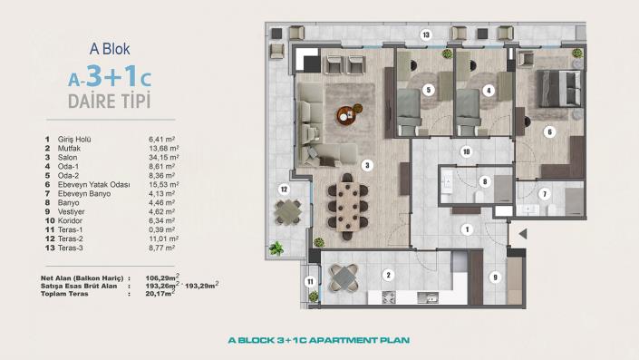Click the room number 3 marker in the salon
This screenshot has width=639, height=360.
pos(366,165)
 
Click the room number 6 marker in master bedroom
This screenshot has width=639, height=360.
pos(549,131)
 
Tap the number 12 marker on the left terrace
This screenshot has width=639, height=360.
pos(283,190)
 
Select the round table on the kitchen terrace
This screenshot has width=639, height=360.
pos(344,277)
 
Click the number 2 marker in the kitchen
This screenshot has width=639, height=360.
pos(388,274)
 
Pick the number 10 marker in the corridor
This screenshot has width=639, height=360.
pos(466,151)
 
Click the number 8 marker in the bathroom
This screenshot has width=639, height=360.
pos(485,181)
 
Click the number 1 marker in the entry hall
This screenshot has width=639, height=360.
pos(466,230)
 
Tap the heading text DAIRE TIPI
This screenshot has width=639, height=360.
pos(109,100)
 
